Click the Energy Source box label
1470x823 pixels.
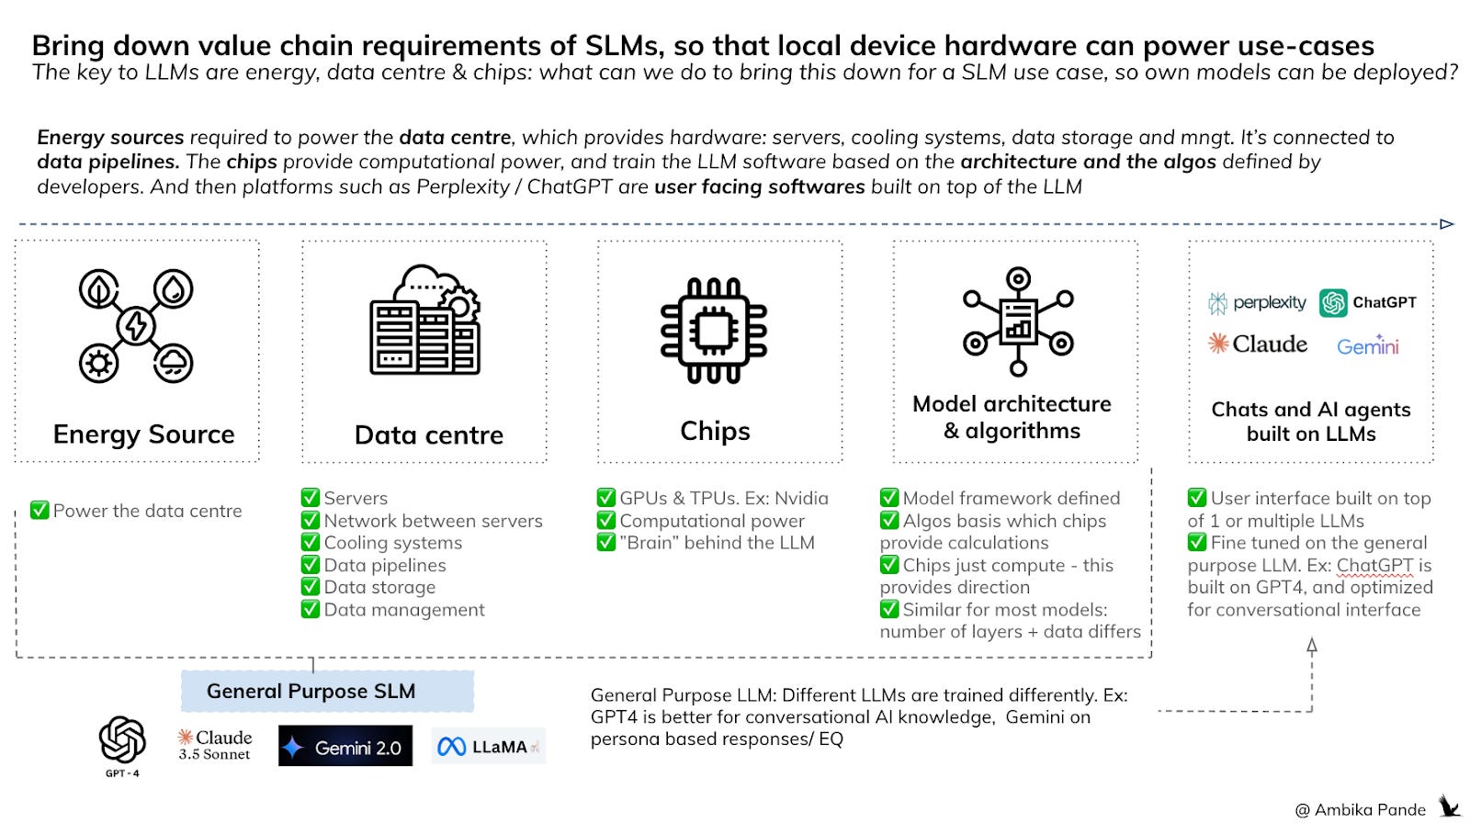[x=143, y=434]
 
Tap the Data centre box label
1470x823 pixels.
[x=429, y=434]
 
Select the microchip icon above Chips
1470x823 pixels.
[x=714, y=330]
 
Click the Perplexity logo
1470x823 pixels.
[x=1257, y=303]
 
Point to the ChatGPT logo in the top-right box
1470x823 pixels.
[x=1368, y=302]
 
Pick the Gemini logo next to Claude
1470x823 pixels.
[x=1367, y=346]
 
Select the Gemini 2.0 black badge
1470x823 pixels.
[x=345, y=747]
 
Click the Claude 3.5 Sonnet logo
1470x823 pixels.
[x=214, y=745]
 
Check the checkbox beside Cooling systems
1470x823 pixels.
[x=311, y=543]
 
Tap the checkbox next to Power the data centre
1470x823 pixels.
[x=40, y=511]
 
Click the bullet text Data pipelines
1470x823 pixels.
[x=385, y=565]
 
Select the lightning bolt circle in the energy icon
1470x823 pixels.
[x=136, y=326]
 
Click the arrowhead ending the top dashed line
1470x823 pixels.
[x=1447, y=224]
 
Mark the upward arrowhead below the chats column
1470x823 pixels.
[x=1312, y=646]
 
